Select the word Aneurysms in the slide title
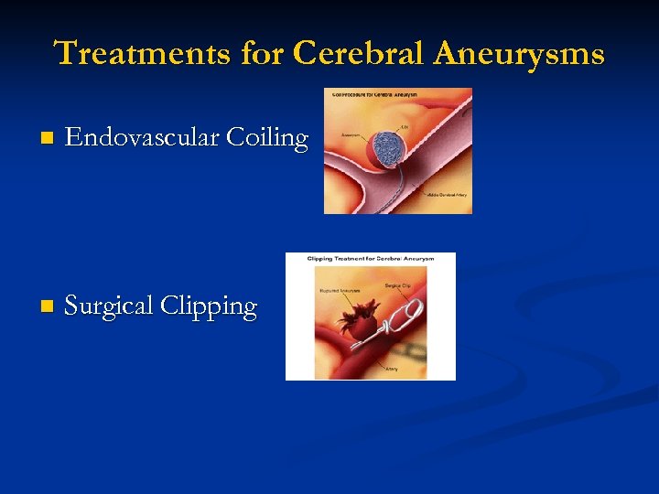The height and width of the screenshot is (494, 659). (x=520, y=53)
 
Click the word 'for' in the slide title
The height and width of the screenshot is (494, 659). (x=263, y=53)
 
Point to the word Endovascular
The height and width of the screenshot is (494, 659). (x=142, y=138)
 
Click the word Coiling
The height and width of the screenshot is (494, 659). (x=267, y=138)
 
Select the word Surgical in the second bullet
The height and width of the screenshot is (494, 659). (x=109, y=306)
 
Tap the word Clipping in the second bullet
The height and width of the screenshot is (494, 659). (x=209, y=306)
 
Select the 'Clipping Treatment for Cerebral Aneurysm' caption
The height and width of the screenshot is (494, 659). (x=369, y=258)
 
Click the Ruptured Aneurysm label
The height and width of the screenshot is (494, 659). (x=339, y=292)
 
